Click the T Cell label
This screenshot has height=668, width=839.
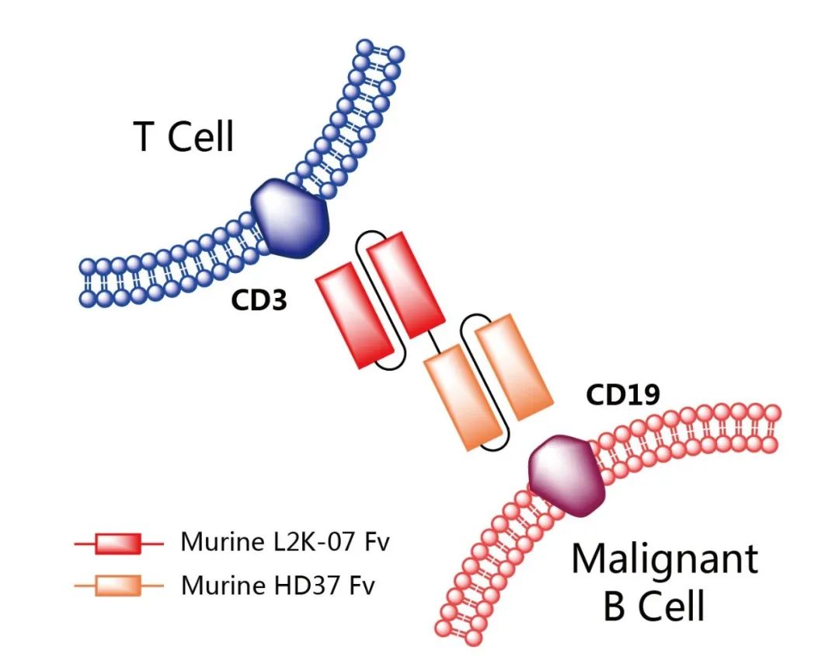tap(184, 137)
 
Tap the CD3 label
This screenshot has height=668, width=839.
tap(259, 301)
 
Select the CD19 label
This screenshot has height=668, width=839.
tap(623, 395)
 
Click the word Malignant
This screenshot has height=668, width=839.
tap(664, 559)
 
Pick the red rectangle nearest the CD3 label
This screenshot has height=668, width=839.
tap(353, 315)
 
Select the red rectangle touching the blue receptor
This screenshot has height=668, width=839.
tap(405, 284)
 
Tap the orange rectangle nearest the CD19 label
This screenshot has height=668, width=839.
tap(513, 365)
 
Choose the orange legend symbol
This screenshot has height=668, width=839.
tap(118, 586)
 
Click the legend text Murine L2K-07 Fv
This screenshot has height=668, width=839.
tap(284, 542)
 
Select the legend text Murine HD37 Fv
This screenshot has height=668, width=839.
tap(277, 585)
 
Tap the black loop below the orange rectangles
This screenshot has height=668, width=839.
tap(496, 446)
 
